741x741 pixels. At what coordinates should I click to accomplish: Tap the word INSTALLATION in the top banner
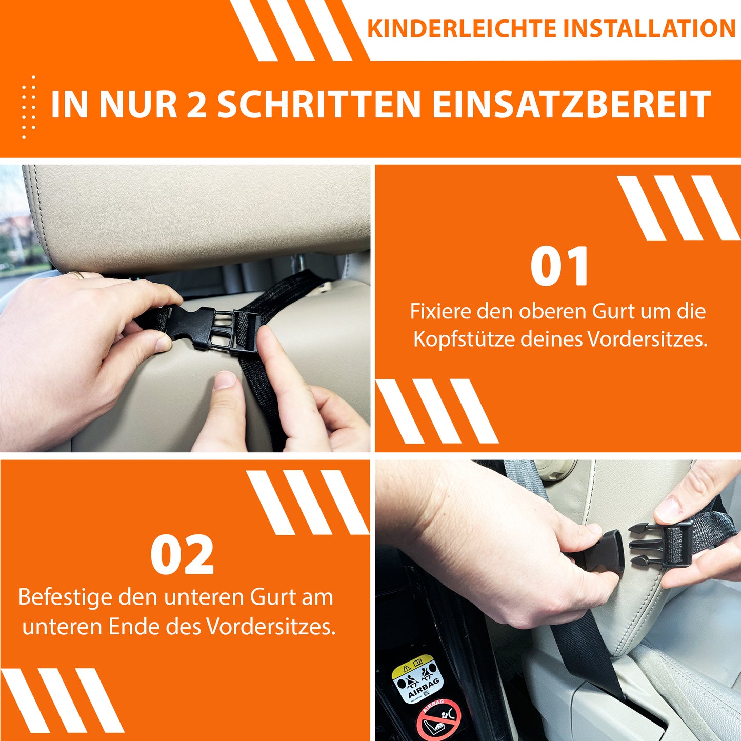[650, 29]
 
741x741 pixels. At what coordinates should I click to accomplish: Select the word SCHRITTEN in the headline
[318, 105]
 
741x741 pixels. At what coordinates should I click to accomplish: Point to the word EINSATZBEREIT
[571, 105]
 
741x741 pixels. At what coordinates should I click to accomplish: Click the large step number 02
[182, 556]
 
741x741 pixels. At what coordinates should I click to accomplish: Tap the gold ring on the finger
[76, 275]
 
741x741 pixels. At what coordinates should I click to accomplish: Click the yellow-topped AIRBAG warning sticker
[415, 680]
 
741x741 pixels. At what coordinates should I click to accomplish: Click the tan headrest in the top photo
[200, 215]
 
